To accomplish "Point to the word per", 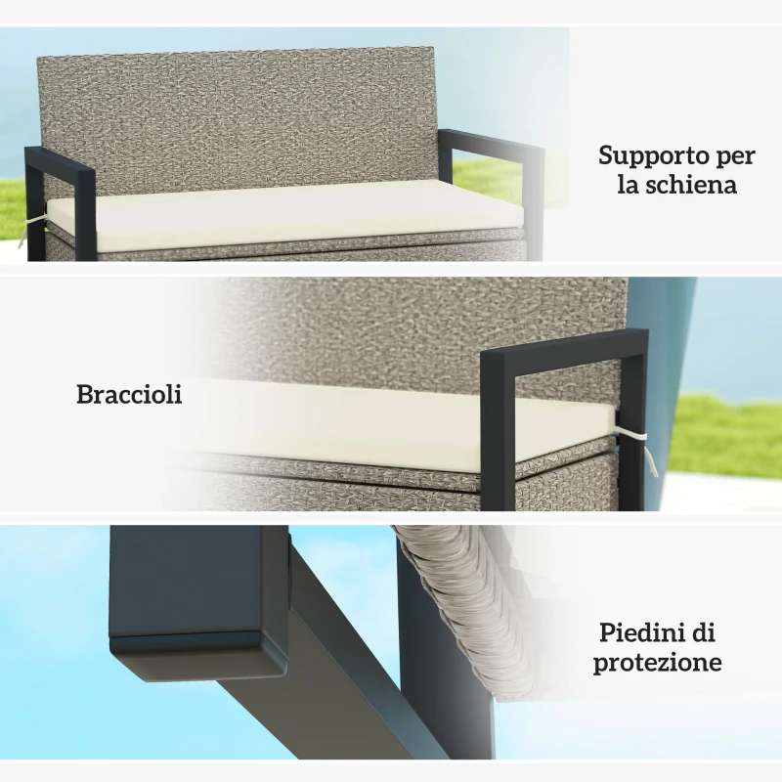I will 734,157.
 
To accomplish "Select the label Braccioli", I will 129,395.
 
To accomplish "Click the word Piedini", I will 641,632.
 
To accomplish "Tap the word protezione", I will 658,663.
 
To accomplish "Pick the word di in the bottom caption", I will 704,632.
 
